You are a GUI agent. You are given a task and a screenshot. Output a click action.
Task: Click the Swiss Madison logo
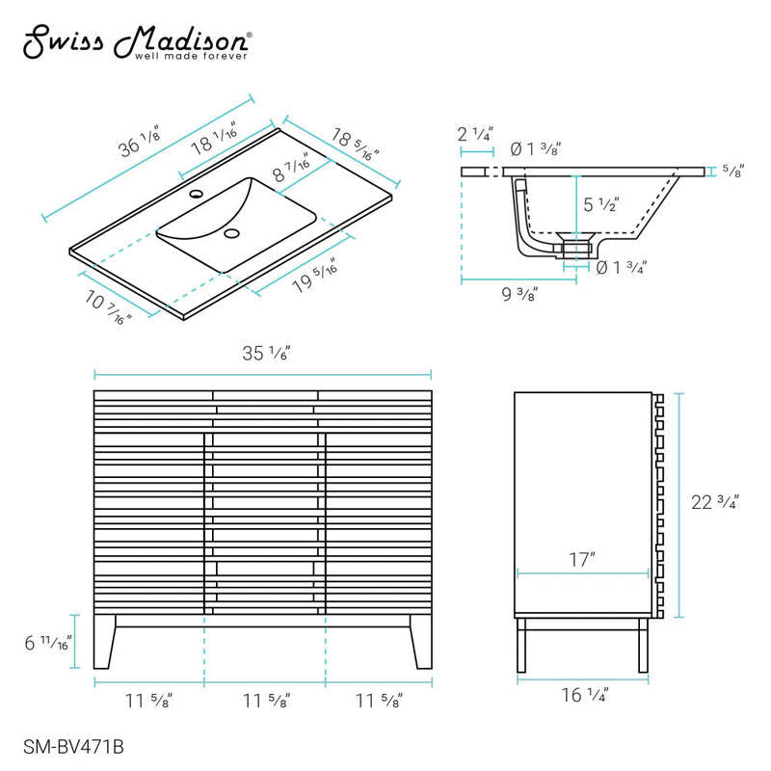tap(138, 42)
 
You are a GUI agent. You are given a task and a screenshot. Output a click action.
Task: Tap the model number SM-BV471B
tap(73, 747)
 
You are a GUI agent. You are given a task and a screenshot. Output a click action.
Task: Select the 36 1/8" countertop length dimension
tap(140, 142)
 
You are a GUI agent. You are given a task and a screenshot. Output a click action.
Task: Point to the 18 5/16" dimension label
tap(355, 144)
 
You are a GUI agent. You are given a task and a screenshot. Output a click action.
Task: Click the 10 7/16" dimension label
tap(108, 307)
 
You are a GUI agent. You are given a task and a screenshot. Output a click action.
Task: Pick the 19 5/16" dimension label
tap(315, 276)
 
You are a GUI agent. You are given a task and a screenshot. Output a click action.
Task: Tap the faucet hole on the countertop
tap(197, 194)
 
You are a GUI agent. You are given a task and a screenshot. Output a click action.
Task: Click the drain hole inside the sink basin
tap(231, 233)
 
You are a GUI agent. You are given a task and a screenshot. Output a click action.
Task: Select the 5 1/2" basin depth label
tap(600, 204)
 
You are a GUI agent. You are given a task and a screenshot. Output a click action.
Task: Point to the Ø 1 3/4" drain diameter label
tap(621, 268)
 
